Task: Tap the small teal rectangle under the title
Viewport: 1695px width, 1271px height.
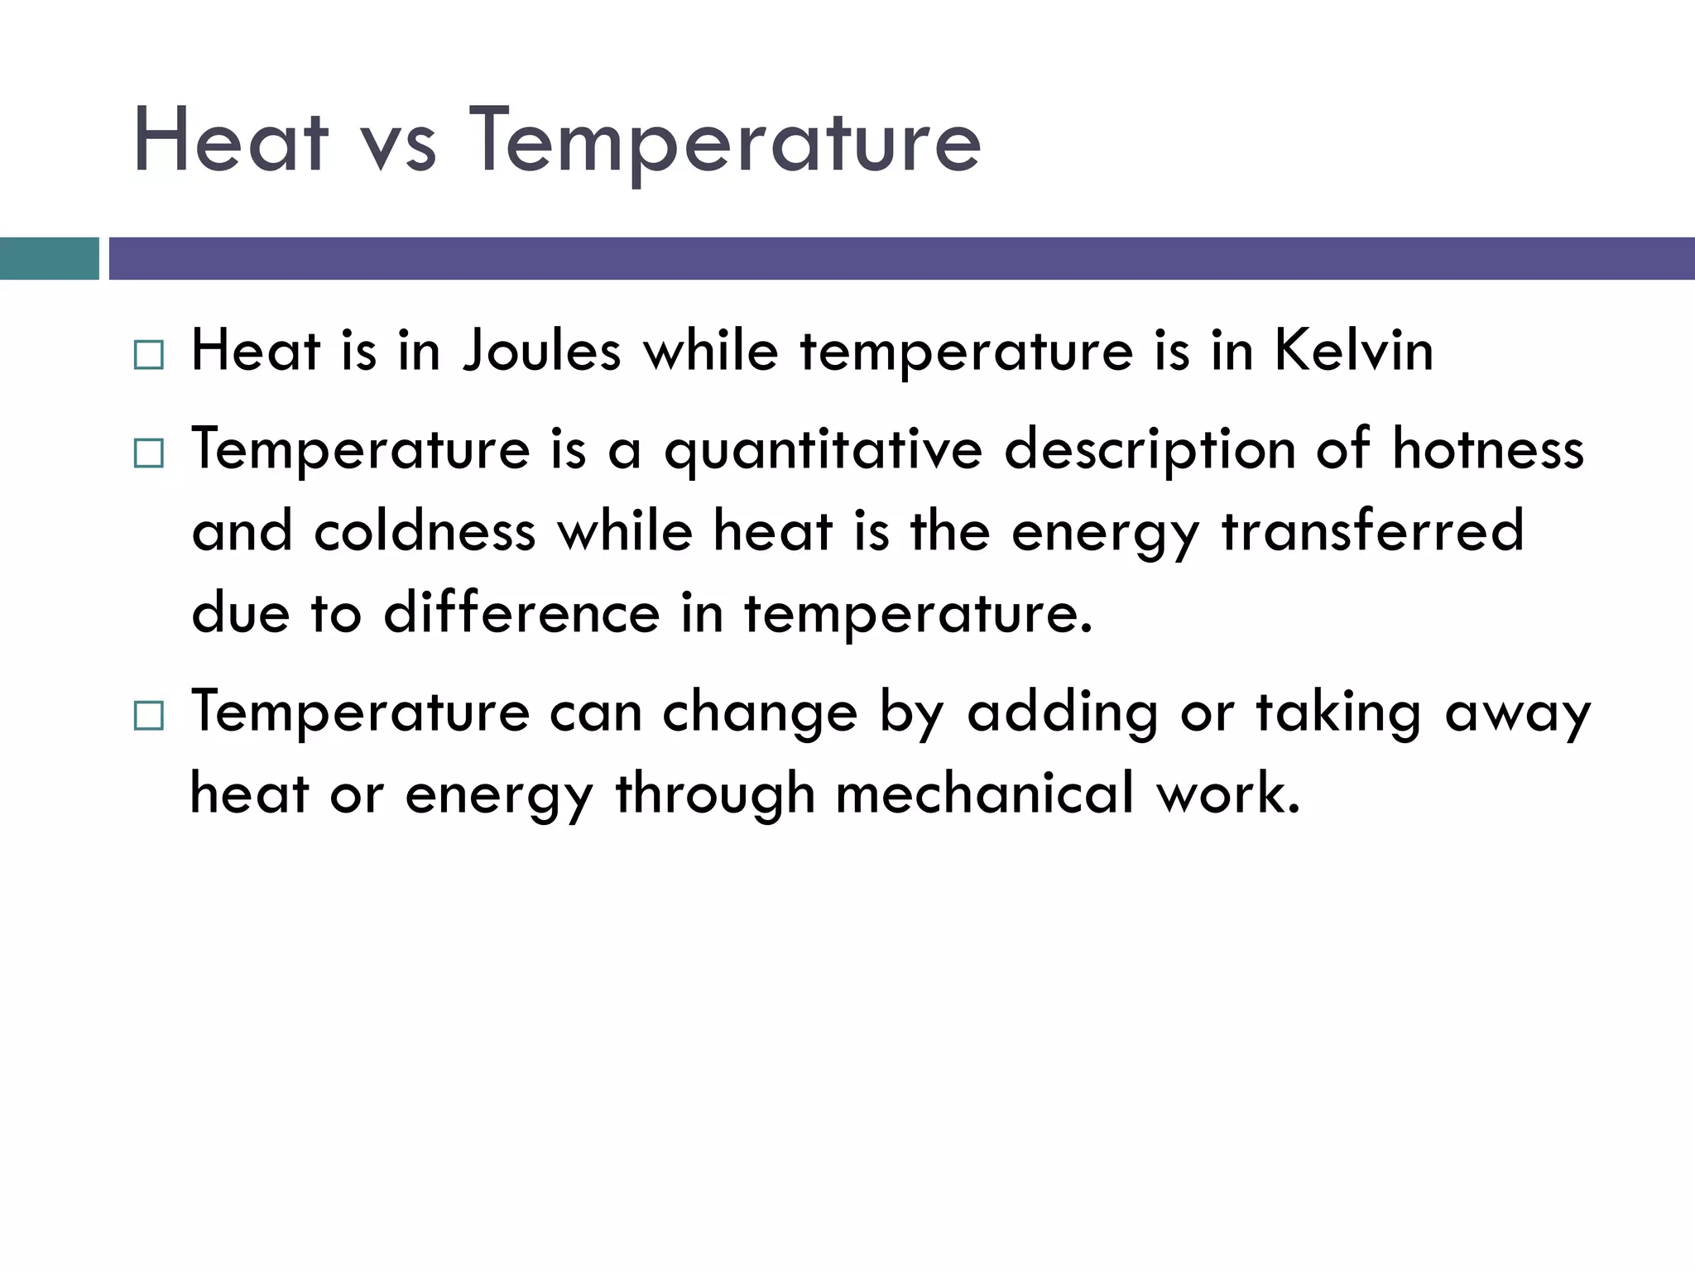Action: click(49, 258)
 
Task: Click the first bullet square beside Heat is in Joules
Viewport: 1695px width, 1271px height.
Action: click(149, 355)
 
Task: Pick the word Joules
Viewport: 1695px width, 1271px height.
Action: click(541, 351)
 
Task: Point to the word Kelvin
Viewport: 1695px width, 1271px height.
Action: click(1353, 351)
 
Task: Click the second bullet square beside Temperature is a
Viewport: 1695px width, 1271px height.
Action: click(149, 453)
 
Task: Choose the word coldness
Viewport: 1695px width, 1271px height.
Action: click(425, 530)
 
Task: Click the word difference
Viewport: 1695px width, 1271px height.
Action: click(521, 613)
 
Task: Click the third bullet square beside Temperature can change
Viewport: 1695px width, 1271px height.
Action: click(149, 715)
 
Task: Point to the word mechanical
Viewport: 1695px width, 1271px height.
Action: click(984, 794)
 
